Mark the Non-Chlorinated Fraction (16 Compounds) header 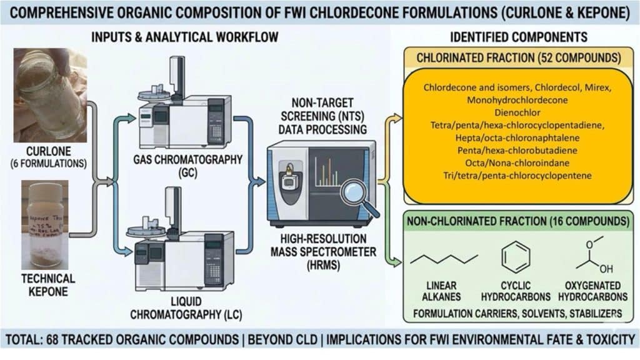(520, 221)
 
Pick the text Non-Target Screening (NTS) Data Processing (323, 114)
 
